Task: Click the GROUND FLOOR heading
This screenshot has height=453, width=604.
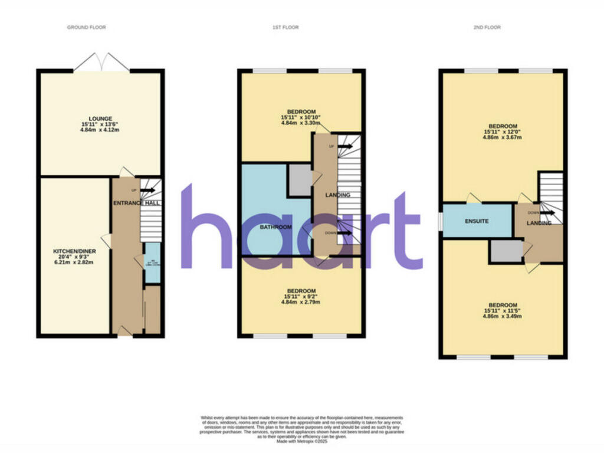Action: point(86,28)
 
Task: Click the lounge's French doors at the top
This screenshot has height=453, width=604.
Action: point(101,62)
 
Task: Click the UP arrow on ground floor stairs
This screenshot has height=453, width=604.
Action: point(147,190)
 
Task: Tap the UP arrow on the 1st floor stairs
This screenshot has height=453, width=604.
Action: point(345,146)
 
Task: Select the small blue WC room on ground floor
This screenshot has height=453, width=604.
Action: point(152,262)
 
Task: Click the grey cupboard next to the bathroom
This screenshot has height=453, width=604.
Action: point(299,180)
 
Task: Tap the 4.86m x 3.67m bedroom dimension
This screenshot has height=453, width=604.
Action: point(503,137)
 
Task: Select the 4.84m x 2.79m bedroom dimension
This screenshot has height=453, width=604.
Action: point(301,303)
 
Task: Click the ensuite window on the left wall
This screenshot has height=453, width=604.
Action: point(440,221)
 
